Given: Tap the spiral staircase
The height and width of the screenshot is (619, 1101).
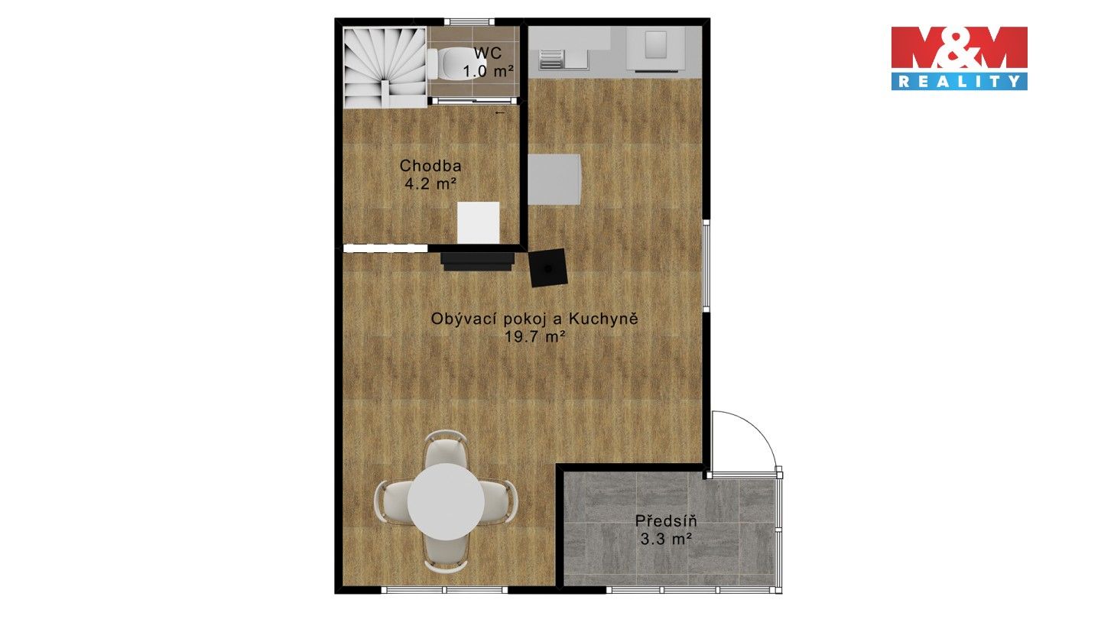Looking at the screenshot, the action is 385,67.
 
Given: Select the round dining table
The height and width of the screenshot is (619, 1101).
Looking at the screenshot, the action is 446,501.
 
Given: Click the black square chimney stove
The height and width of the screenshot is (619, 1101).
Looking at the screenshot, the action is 548,267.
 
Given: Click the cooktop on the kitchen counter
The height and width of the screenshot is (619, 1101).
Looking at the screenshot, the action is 656,49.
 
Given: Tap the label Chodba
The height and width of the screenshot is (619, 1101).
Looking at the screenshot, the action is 430,166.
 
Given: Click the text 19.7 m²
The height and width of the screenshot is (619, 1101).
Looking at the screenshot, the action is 534,337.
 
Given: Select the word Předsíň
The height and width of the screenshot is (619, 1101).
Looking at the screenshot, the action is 666,520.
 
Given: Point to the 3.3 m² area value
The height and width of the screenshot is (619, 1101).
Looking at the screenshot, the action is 666,540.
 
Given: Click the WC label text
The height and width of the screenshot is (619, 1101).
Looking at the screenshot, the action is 488,53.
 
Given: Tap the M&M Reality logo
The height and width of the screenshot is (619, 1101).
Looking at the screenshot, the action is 959,58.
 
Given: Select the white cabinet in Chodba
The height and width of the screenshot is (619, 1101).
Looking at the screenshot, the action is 479,222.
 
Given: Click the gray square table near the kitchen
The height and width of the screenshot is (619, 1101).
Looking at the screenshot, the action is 554,180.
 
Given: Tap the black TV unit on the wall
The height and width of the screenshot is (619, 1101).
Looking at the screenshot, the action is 478,261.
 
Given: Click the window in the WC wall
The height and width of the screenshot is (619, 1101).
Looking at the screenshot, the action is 469,21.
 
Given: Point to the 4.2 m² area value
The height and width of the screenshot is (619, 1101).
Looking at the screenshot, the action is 430,184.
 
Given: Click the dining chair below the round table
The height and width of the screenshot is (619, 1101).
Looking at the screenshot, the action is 446,553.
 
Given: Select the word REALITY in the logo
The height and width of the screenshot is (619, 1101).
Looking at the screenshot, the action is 959,82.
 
